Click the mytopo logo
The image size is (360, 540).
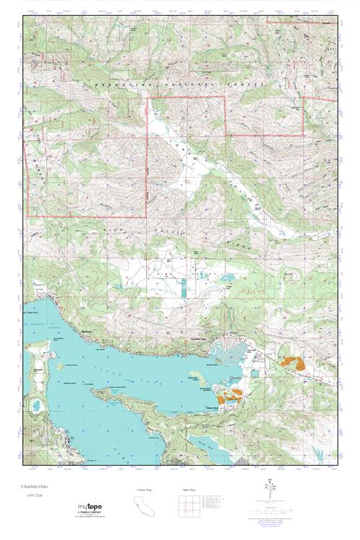pos(89,508)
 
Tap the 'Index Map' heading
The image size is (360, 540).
pos(186,489)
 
